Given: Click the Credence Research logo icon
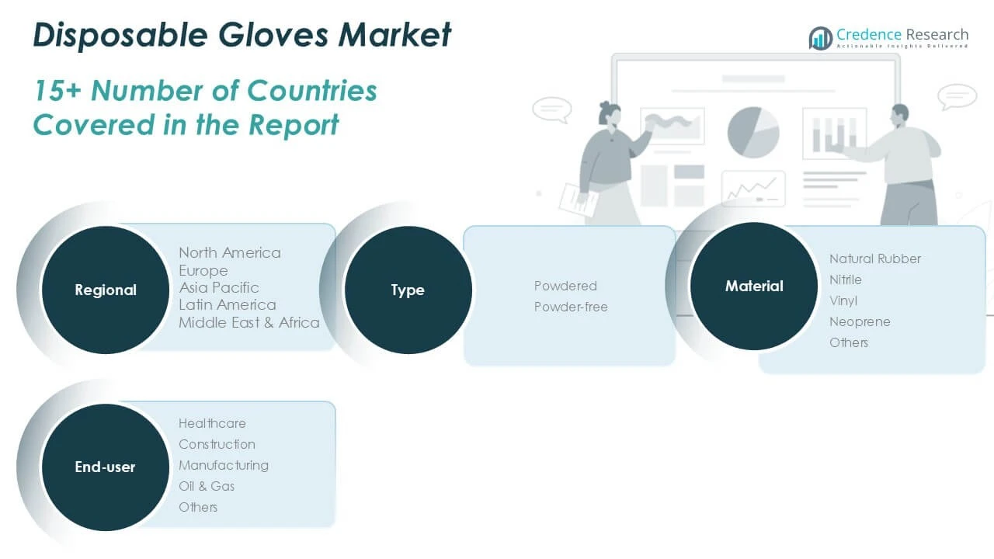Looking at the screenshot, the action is [x=821, y=38].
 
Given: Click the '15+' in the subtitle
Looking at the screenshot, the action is [x=57, y=91].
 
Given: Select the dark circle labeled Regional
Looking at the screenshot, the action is [x=106, y=290].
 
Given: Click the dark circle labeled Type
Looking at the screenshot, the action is [x=408, y=290].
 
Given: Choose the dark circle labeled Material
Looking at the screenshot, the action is [x=754, y=286].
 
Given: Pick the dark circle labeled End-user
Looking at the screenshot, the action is [x=106, y=467].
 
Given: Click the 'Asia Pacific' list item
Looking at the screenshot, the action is [x=219, y=287].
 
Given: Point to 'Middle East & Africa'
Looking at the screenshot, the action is [x=249, y=322].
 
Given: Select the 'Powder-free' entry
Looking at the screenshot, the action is [x=571, y=307].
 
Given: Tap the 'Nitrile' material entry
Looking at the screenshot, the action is [x=846, y=279].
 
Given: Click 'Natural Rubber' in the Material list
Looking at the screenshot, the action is [x=875, y=259].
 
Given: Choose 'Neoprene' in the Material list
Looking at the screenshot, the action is [x=860, y=321].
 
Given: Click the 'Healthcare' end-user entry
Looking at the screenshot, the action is [x=212, y=423].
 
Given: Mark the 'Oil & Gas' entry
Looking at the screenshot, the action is [x=207, y=486].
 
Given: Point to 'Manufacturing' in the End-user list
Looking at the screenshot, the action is [x=224, y=465].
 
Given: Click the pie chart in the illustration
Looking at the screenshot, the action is [x=753, y=132].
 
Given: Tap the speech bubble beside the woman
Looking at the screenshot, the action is [x=551, y=109].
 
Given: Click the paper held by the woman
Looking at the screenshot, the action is [x=579, y=200].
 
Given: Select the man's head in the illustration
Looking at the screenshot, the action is [x=900, y=116].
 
